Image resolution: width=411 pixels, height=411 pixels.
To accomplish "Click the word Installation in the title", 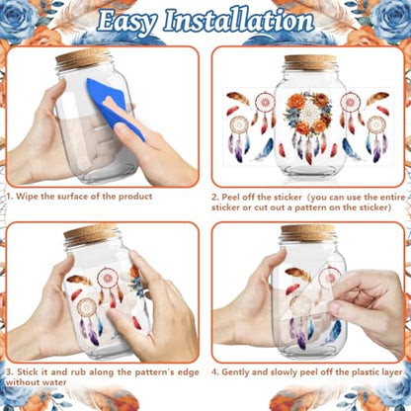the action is [239, 21].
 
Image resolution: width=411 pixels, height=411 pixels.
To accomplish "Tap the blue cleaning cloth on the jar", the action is [115, 107].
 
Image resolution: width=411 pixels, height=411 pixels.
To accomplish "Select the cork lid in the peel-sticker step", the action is [310, 62].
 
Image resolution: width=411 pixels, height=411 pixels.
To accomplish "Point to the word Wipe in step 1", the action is [28, 197].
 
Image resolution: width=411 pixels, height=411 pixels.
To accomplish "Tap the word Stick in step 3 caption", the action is [28, 372].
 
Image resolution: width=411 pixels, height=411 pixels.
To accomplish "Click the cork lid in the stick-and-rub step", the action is [91, 233].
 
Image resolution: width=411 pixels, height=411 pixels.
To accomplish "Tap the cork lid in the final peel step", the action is [308, 233].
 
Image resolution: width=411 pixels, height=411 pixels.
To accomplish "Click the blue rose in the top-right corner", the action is [393, 17].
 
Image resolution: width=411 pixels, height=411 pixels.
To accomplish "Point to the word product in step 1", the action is [135, 197].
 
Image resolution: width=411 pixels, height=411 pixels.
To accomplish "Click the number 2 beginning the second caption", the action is [214, 198].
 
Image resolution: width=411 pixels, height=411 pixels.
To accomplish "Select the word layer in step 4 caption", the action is [391, 372].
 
